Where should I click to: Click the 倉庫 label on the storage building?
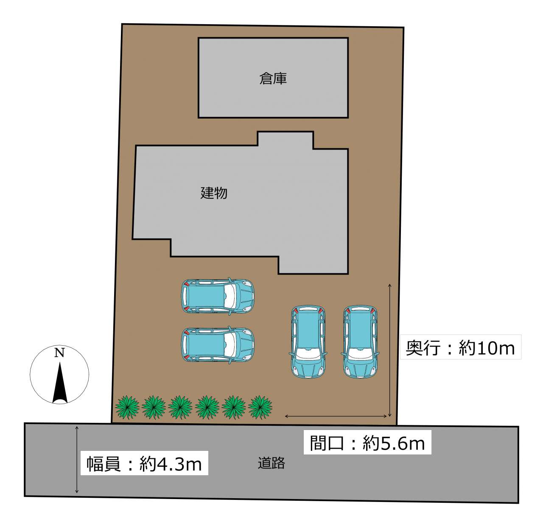(x=273, y=78)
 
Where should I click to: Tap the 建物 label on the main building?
(x=214, y=193)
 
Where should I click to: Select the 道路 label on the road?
(x=271, y=463)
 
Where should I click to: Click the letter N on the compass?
(x=59, y=353)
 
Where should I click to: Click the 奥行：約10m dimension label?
(x=460, y=348)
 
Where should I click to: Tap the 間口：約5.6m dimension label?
(x=367, y=443)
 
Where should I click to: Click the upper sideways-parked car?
(x=218, y=297)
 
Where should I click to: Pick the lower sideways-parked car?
(x=218, y=345)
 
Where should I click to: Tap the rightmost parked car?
(x=360, y=342)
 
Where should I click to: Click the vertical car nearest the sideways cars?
(x=308, y=342)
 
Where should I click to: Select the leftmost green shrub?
(x=127, y=407)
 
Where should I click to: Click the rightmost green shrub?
(x=260, y=407)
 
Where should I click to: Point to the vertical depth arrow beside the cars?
(x=390, y=350)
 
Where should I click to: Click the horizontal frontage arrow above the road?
(x=336, y=416)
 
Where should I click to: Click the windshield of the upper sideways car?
(x=230, y=297)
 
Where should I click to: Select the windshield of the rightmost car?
(x=360, y=354)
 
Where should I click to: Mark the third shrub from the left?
(x=180, y=407)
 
